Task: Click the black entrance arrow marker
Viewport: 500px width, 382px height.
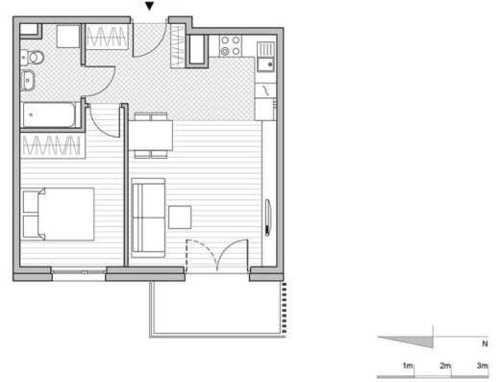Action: (x=150, y=6)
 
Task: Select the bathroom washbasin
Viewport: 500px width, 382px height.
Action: (x=27, y=80)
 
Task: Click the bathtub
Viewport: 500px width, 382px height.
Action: (x=49, y=115)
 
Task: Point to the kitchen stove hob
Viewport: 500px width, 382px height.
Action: (x=231, y=45)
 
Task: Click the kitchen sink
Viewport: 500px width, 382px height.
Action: (x=265, y=57)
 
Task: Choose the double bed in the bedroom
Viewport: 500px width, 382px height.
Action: (x=58, y=215)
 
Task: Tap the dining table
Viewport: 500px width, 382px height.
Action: (x=151, y=136)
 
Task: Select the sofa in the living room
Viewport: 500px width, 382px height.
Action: (x=148, y=217)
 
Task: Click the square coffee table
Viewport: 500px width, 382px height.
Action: (x=180, y=217)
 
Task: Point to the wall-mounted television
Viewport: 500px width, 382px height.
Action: (x=268, y=217)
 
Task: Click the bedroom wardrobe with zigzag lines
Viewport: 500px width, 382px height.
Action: (x=53, y=145)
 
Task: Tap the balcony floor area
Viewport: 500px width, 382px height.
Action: (x=217, y=307)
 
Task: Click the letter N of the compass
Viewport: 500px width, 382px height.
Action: (x=485, y=344)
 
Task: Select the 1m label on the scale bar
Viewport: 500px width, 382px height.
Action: (x=408, y=366)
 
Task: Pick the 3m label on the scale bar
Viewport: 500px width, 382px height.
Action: (x=482, y=366)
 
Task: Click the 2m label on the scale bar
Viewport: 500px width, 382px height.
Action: (x=445, y=366)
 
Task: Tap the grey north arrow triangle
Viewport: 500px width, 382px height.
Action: (x=414, y=341)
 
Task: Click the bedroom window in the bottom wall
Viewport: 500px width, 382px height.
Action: (x=79, y=272)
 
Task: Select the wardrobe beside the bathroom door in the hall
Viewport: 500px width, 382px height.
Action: (x=107, y=37)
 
